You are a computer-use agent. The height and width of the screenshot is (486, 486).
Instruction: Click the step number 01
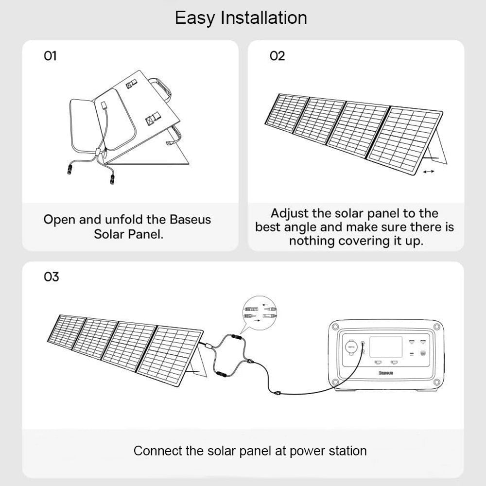[x=51, y=56]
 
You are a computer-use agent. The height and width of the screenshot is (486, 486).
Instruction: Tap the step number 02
[x=277, y=56]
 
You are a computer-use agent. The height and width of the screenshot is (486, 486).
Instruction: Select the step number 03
[x=51, y=277]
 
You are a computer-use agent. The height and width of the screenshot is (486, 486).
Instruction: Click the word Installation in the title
[x=264, y=18]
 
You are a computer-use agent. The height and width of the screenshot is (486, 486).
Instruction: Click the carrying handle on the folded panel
[x=165, y=88]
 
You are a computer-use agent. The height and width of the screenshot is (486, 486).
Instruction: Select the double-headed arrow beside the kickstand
[x=429, y=172]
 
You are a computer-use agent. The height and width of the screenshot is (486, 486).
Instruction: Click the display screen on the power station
[x=385, y=347]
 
